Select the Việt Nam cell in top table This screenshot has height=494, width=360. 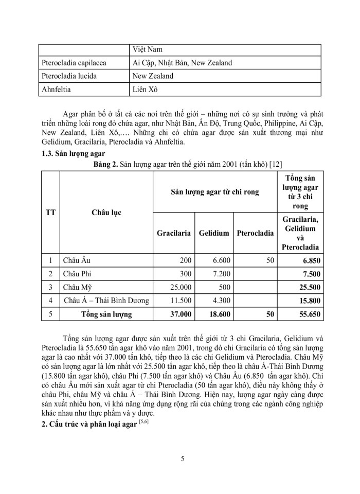coord(148,49)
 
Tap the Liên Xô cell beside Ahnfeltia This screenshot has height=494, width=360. coord(146,89)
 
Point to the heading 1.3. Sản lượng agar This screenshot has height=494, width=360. coord(73,153)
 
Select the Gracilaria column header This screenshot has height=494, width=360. coord(174,233)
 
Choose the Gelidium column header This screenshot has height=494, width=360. coord(213,233)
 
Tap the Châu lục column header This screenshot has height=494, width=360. coord(106,212)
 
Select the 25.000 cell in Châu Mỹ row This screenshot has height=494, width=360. coord(179,287)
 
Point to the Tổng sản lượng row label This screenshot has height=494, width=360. coord(106,313)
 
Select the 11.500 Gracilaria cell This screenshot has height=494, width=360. coord(179,300)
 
